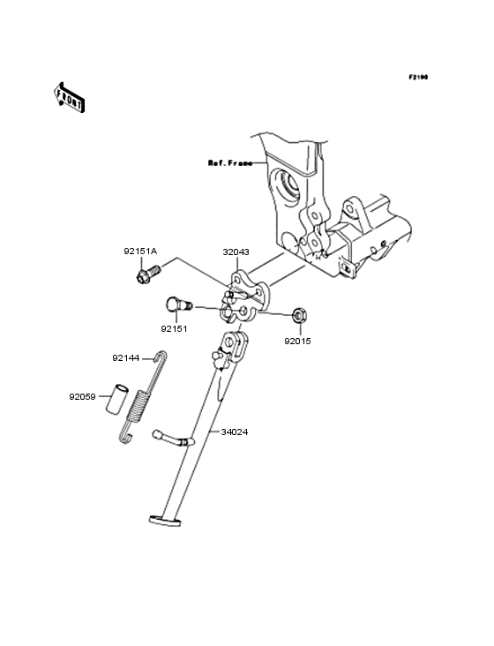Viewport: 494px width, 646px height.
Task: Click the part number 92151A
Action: click(x=140, y=252)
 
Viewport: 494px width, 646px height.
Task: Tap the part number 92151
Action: click(x=175, y=328)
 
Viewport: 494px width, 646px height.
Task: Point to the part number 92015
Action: click(x=297, y=340)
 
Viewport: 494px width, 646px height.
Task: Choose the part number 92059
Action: click(x=84, y=396)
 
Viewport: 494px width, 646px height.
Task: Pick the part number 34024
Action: click(x=234, y=432)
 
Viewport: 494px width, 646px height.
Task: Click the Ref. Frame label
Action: click(x=229, y=163)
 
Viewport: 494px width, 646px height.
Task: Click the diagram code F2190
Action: click(x=417, y=79)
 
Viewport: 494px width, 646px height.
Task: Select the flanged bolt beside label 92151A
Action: click(x=146, y=275)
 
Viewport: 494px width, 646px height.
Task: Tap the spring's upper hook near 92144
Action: click(x=160, y=357)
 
